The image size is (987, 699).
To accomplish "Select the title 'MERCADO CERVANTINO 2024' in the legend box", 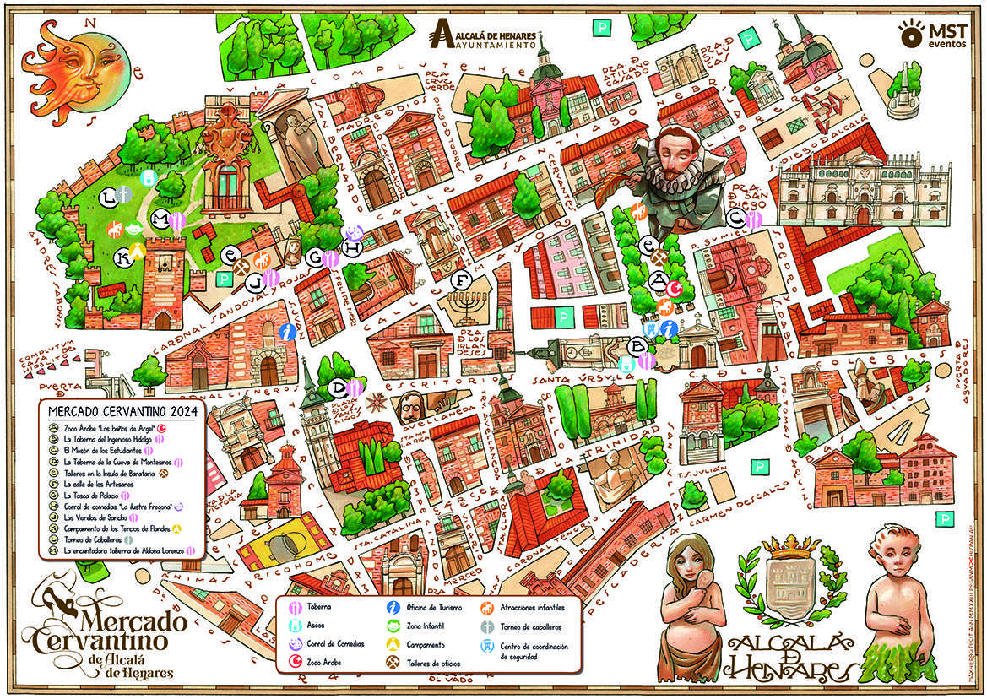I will (x=122, y=411).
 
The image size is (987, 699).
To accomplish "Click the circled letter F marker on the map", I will (x=460, y=280).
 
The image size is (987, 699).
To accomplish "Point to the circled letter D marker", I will (x=339, y=388).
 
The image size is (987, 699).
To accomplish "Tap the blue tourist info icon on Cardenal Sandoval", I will (x=289, y=332).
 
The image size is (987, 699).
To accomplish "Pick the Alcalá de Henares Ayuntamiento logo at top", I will (x=484, y=35).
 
